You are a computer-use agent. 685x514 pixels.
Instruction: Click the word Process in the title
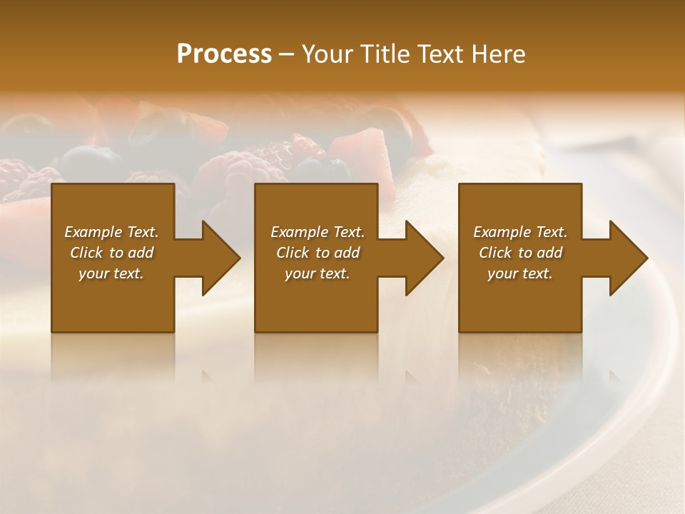pyautogui.click(x=224, y=54)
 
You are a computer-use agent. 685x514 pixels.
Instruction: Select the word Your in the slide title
pyautogui.click(x=328, y=54)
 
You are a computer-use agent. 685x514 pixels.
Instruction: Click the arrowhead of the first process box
pyautogui.click(x=218, y=258)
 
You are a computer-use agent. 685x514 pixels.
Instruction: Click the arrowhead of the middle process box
pyautogui.click(x=422, y=258)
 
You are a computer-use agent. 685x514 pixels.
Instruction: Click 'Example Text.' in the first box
pyautogui.click(x=111, y=232)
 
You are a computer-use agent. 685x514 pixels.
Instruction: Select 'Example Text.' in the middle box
pyautogui.click(x=318, y=232)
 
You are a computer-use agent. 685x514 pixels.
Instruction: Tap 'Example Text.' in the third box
pyautogui.click(x=520, y=232)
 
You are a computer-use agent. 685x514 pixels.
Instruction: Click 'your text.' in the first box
pyautogui.click(x=111, y=273)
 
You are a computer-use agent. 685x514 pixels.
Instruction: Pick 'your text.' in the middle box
pyautogui.click(x=318, y=273)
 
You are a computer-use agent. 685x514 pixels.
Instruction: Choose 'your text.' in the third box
pyautogui.click(x=520, y=273)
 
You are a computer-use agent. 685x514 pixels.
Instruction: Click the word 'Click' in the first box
pyautogui.click(x=86, y=253)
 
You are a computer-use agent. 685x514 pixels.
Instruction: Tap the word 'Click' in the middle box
pyautogui.click(x=293, y=253)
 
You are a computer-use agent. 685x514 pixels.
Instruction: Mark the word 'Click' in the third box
pyautogui.click(x=495, y=253)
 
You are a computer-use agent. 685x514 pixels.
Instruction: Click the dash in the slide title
pyautogui.click(x=286, y=55)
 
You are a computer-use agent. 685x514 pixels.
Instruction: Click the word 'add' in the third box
pyautogui.click(x=549, y=253)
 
